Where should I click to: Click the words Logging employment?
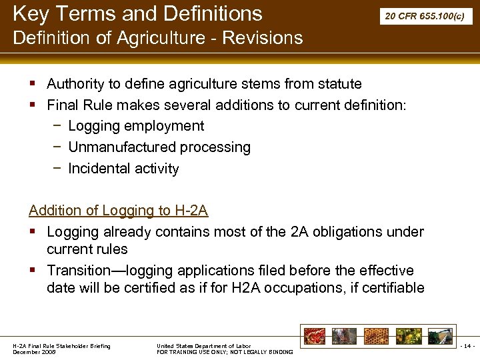136,126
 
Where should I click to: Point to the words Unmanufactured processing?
159,147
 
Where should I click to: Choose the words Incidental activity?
123,169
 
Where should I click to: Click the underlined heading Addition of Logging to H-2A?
119,211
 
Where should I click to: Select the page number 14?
467,347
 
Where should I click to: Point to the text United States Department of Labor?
203,346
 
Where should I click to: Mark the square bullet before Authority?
33,85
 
